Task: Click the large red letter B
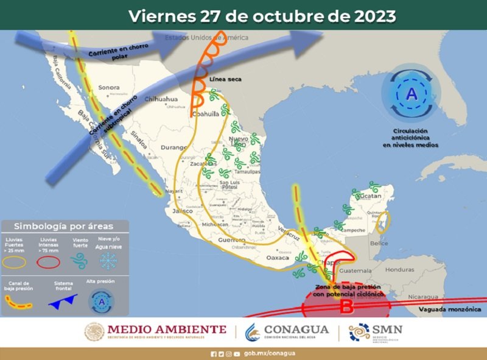(346, 306)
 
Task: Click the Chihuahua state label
(161, 99)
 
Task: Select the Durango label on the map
(173, 147)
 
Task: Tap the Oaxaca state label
(278, 258)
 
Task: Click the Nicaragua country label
(424, 297)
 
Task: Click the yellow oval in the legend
(17, 261)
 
